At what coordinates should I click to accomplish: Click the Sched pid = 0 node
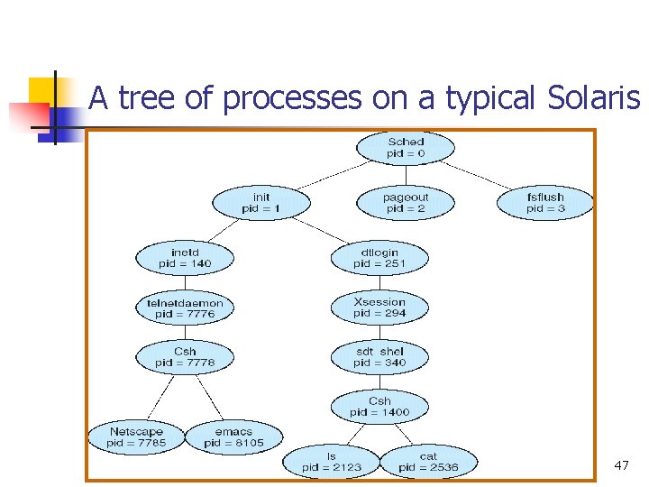406,148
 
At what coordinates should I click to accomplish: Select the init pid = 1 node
261,203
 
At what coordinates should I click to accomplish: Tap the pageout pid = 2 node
406,203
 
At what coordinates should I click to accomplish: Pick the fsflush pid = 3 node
545,203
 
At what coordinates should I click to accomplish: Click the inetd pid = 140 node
185,258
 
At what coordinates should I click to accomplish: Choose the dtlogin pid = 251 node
379,258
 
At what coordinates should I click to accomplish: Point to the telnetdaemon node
185,308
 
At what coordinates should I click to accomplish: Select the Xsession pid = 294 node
379,308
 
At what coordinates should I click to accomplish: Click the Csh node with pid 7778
185,357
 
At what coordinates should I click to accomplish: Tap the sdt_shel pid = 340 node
379,357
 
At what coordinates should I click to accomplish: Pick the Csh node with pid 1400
379,407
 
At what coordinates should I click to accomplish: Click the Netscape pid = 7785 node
136,437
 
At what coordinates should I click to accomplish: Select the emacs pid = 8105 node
233,437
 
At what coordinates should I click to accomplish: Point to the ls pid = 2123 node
331,462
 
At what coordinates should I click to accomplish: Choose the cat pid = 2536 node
428,462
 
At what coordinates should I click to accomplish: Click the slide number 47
621,465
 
